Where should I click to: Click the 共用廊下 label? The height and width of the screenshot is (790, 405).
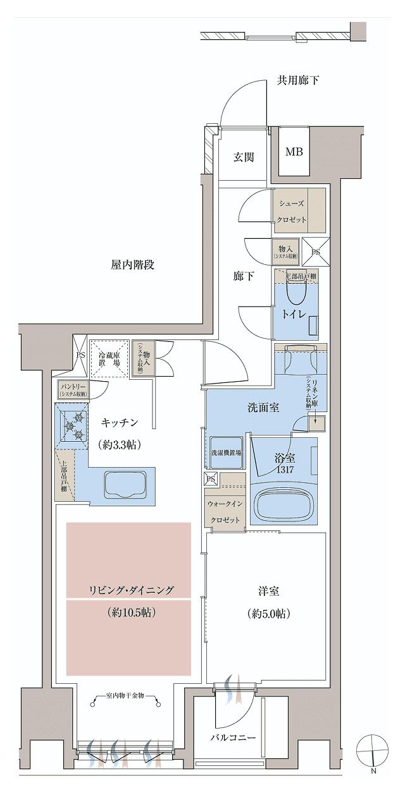[297, 80]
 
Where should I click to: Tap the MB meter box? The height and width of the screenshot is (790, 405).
[293, 152]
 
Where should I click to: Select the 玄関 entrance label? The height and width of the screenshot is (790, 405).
[244, 157]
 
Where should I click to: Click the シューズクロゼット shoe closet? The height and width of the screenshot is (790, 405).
[290, 212]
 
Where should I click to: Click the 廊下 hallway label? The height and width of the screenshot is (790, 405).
[243, 276]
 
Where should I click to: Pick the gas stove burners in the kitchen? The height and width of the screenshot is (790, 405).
[73, 427]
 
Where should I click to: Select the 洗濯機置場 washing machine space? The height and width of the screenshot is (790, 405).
[225, 453]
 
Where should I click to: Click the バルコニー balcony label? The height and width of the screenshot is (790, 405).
[234, 738]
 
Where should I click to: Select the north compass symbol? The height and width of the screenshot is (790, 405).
[373, 752]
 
